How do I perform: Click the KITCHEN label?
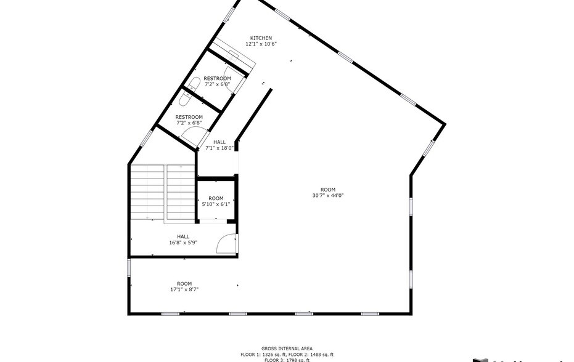(261, 38)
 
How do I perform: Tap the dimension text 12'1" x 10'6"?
(261, 44)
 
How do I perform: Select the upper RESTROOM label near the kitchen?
(217, 78)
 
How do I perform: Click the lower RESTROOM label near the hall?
(189, 117)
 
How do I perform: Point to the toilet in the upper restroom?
(195, 84)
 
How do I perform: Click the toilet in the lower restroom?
(184, 98)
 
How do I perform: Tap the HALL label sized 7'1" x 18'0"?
(219, 142)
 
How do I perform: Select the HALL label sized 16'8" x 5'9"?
(183, 236)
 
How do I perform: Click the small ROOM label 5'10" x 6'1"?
(216, 198)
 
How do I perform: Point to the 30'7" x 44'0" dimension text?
(327, 195)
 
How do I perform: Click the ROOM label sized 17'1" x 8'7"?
(184, 284)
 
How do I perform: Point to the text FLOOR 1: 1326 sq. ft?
(263, 355)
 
